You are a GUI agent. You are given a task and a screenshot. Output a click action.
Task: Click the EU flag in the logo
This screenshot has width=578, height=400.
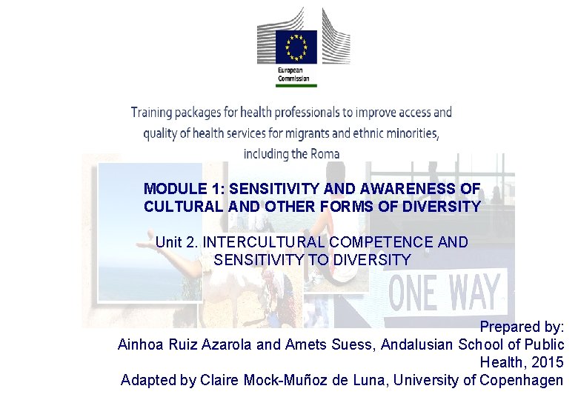click(x=296, y=47)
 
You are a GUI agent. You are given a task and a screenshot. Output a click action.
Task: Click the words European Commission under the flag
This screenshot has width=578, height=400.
click(x=294, y=73)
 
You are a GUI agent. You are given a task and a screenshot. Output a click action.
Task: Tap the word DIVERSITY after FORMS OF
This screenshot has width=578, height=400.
click(x=442, y=207)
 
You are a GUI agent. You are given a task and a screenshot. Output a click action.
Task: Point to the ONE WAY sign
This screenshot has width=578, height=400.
click(x=444, y=291)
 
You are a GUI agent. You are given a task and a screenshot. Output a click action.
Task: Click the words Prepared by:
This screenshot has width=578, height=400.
click(x=522, y=327)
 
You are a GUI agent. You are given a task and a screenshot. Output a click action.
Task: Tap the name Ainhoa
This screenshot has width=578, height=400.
click(x=142, y=344)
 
